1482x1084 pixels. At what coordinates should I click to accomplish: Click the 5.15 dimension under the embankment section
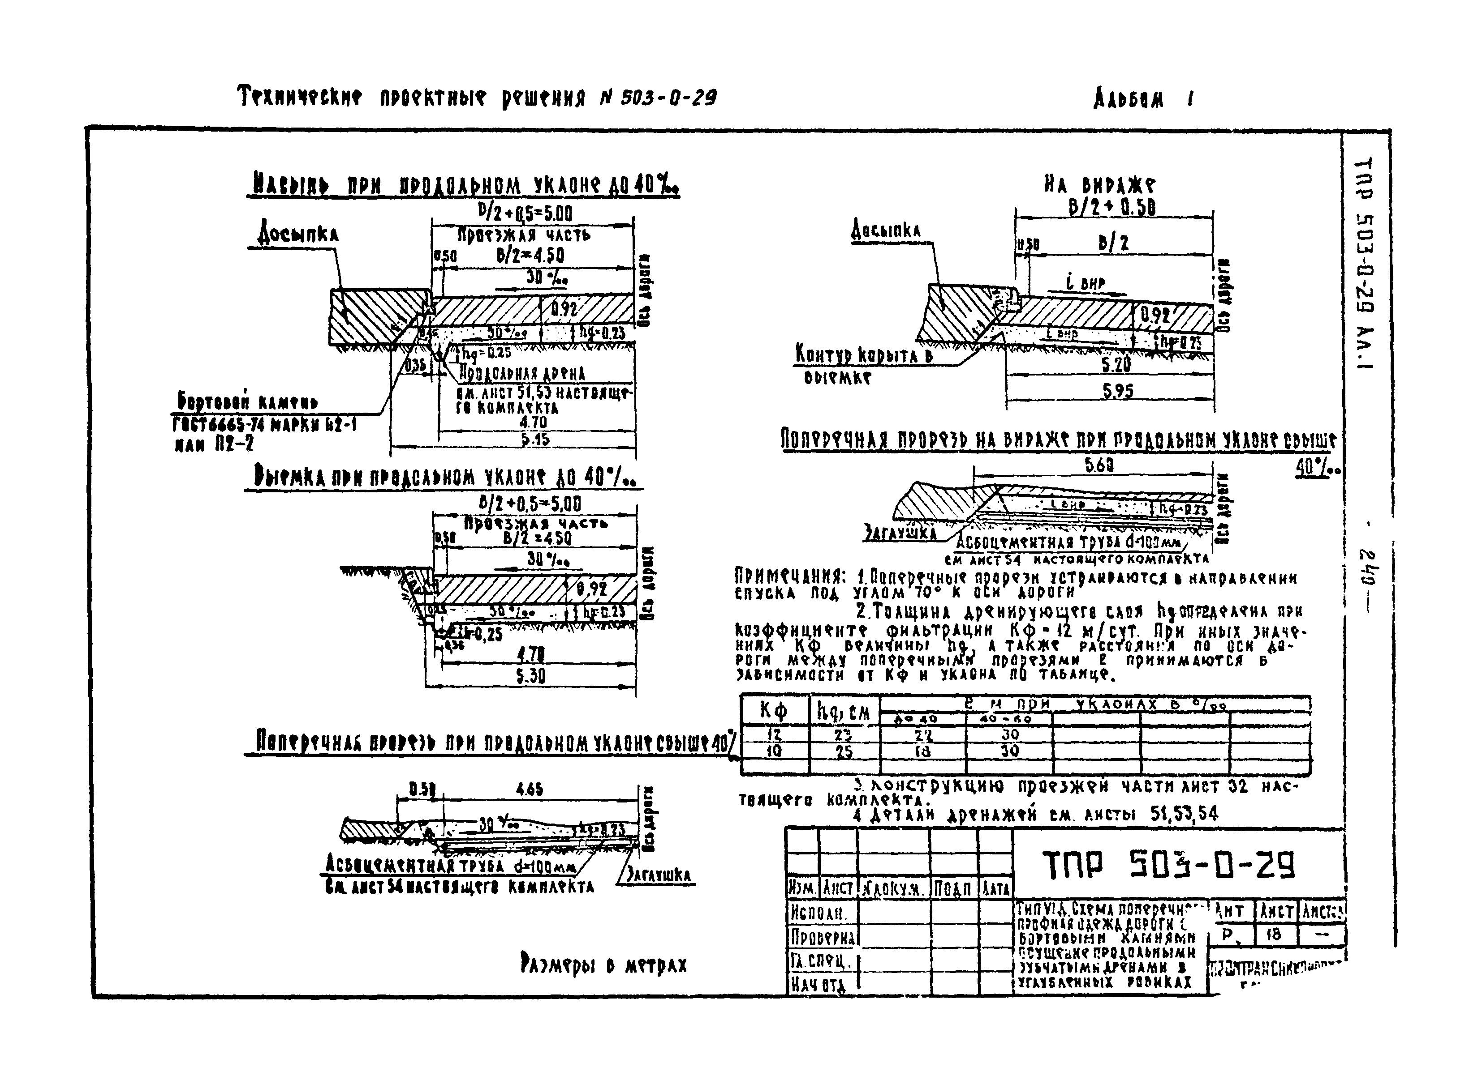tap(535, 440)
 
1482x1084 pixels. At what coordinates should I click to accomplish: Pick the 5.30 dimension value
tap(530, 676)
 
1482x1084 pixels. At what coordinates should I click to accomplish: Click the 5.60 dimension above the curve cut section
tap(1099, 465)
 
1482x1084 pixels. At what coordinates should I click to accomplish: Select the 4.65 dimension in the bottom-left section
tap(529, 790)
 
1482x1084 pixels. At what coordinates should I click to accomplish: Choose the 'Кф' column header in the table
tap(774, 711)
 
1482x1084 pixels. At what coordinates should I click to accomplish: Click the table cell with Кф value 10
tap(774, 751)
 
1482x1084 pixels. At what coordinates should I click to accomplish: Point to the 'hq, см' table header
tap(843, 711)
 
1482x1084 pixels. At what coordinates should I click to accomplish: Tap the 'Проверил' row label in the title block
tap(822, 936)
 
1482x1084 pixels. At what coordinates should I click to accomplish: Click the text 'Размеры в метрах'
tap(603, 964)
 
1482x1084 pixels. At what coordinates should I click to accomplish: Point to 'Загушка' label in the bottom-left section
tap(658, 875)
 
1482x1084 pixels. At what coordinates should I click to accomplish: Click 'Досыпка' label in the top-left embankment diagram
tap(297, 234)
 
